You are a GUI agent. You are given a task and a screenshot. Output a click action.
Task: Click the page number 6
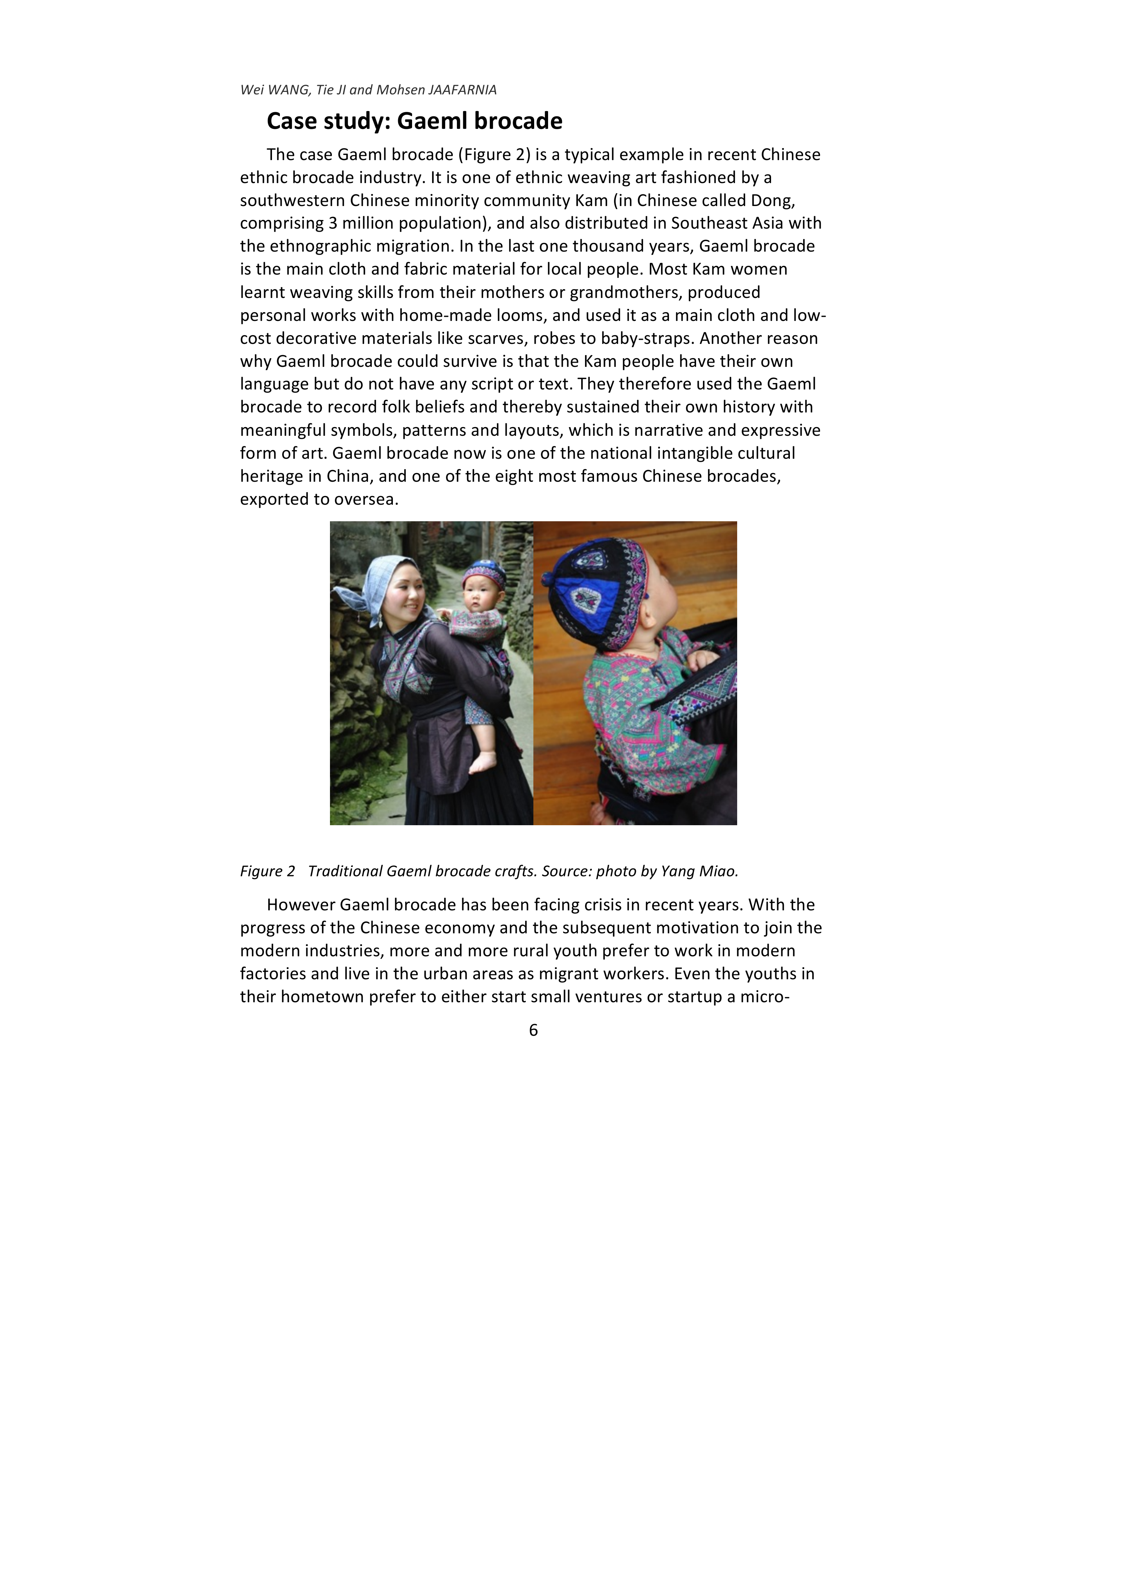click(x=533, y=1030)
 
